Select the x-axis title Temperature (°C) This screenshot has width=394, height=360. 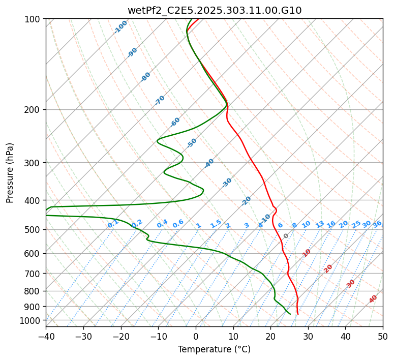[214, 349]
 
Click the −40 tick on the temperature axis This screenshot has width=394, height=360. [46, 336]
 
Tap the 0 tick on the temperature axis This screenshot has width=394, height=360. [196, 336]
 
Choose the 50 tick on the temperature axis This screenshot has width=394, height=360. [383, 336]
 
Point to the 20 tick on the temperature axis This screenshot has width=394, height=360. [270, 336]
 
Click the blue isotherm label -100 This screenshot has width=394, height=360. [121, 27]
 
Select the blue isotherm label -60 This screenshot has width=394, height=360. [175, 122]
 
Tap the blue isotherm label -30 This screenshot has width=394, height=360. [227, 183]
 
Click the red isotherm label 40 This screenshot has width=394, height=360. [373, 299]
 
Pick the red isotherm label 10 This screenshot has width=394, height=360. [307, 253]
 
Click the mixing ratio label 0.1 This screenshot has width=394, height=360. [113, 224]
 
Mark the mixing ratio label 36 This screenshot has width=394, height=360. [377, 224]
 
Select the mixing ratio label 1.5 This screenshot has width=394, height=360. [216, 224]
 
